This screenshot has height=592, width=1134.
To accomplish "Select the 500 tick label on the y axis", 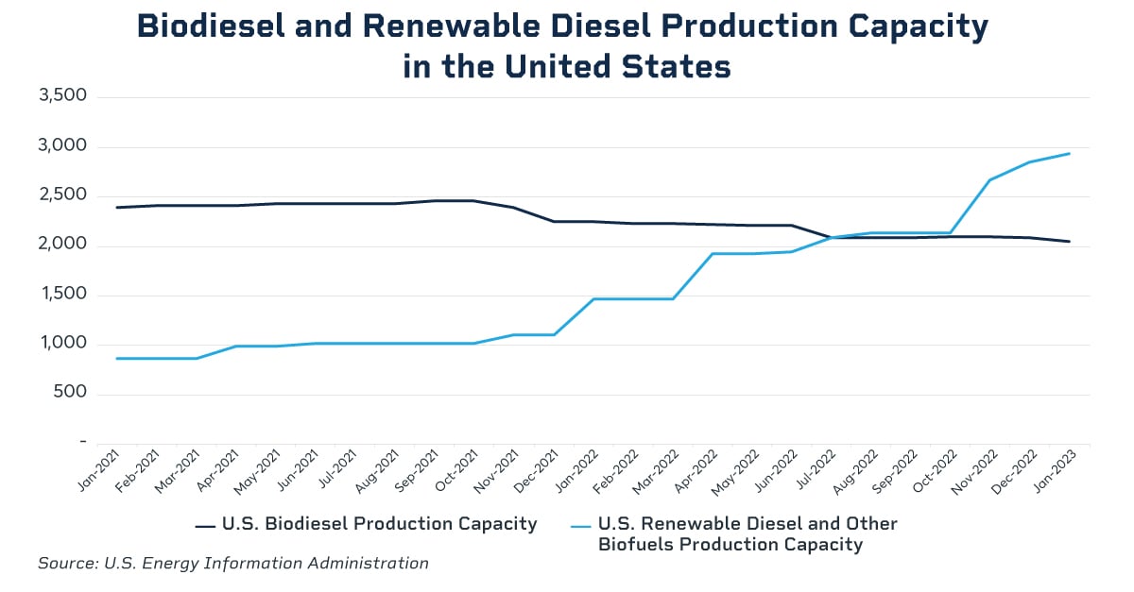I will point(72,393).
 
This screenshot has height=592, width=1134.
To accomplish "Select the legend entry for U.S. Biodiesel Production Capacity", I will point(379,524).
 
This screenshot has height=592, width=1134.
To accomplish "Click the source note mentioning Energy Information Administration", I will point(232,564).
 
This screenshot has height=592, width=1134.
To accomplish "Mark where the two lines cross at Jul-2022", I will point(831,237).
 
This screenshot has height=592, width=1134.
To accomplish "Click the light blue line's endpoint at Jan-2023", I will point(1069,153).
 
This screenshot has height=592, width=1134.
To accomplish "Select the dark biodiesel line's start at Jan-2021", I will point(116,207).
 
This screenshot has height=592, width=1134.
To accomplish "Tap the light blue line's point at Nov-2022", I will point(989,179).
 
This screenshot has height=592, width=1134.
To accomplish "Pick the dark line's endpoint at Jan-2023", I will point(1069,242).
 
